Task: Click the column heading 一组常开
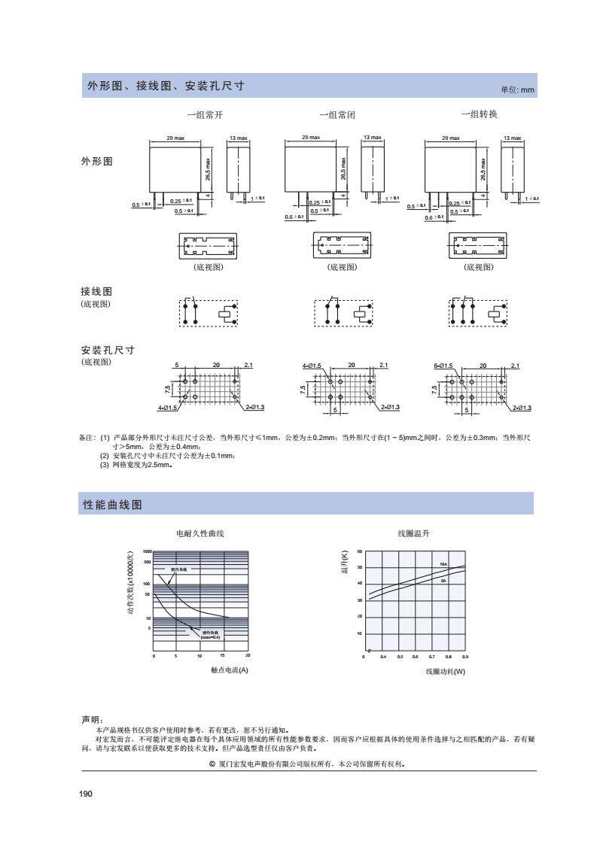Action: click(x=206, y=115)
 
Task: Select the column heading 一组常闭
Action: click(x=337, y=115)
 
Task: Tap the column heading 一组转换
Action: click(x=479, y=114)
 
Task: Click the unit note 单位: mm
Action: click(x=517, y=90)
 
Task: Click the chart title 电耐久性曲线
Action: click(x=200, y=533)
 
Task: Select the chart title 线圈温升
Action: click(x=413, y=533)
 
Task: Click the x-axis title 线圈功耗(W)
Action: click(x=446, y=670)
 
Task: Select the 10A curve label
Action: click(x=443, y=564)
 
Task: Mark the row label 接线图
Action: click(x=96, y=291)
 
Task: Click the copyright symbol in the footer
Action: click(x=213, y=764)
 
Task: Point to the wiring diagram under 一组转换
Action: click(x=478, y=312)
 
